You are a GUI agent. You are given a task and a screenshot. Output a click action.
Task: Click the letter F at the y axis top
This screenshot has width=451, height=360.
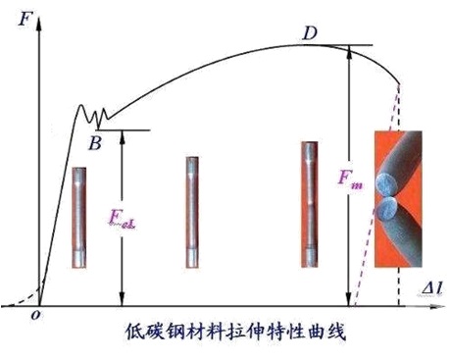(22, 17)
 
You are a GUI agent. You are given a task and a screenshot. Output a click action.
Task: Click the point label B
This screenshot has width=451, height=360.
(94, 144)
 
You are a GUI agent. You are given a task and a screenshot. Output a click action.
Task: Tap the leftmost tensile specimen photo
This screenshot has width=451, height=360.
(79, 217)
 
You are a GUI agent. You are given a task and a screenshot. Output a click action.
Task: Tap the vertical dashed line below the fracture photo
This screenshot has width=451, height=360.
(400, 284)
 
